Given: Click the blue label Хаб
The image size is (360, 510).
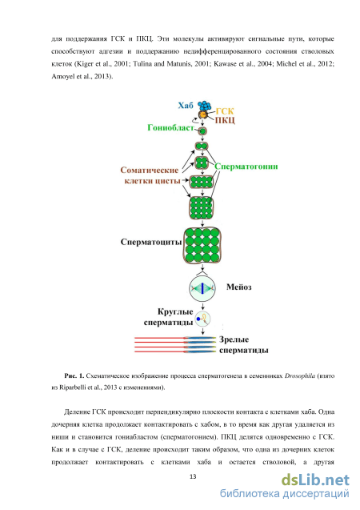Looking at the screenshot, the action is pyautogui.click(x=186, y=106).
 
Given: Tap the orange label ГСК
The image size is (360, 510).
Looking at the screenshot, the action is pyautogui.click(x=225, y=111).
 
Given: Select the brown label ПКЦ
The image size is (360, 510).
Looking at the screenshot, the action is pyautogui.click(x=225, y=120).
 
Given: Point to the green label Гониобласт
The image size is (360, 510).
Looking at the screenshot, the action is pyautogui.click(x=170, y=128).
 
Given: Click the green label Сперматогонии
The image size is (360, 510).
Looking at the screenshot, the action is pyautogui.click(x=246, y=167).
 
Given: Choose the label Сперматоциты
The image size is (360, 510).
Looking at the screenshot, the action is pyautogui.click(x=151, y=242).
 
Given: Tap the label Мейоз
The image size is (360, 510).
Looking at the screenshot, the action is pyautogui.click(x=239, y=287).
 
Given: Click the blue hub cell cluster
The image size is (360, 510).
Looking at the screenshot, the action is pyautogui.click(x=204, y=106).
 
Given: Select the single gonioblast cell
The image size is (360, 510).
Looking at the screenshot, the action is pyautogui.click(x=202, y=131).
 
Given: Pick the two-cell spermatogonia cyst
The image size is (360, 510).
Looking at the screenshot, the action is pyautogui.click(x=202, y=146).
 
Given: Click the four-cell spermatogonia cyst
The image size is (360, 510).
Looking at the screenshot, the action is pyautogui.click(x=202, y=162).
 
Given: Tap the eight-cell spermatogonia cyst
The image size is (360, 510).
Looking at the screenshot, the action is pyautogui.click(x=202, y=183).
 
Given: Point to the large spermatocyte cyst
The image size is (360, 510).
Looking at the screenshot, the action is pyautogui.click(x=202, y=245).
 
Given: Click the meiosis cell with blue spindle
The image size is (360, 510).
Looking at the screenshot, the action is pyautogui.click(x=202, y=288).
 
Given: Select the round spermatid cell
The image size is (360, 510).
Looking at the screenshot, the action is pyautogui.click(x=202, y=319).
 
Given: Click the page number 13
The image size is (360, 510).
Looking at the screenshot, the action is pyautogui.click(x=193, y=476).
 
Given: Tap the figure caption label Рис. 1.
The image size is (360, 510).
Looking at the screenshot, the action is pyautogui.click(x=74, y=375).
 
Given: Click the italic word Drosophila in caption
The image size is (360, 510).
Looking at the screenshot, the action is pyautogui.click(x=300, y=376).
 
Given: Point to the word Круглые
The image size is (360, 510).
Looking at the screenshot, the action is pyautogui.click(x=175, y=312).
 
